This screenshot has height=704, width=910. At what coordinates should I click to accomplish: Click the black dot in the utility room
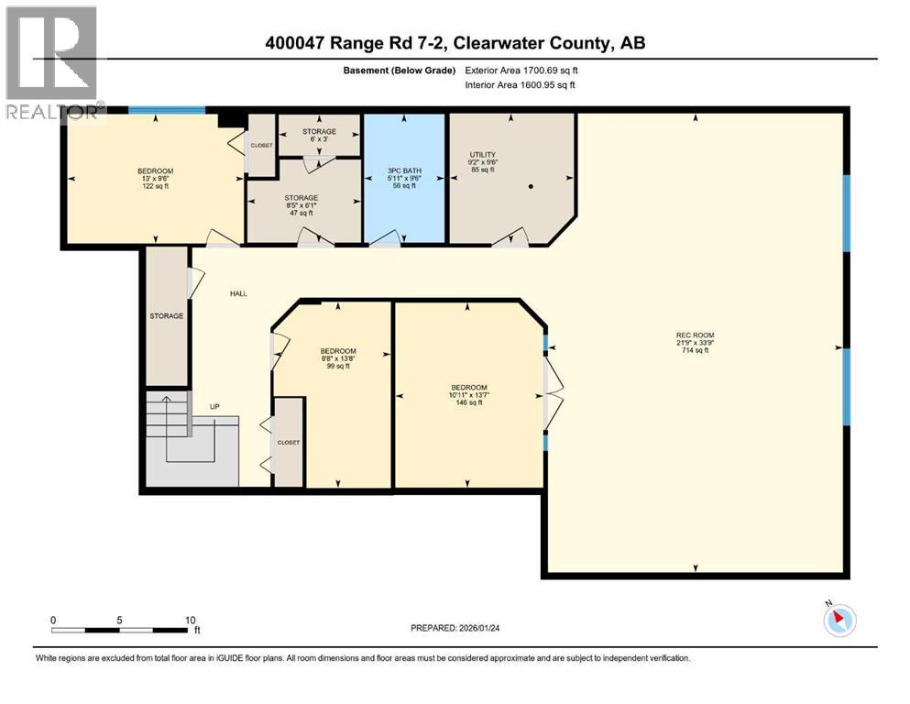tap(530, 186)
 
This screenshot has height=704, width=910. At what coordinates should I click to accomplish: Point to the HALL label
tap(238, 293)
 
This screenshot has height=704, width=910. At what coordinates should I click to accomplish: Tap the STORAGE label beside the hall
tap(167, 316)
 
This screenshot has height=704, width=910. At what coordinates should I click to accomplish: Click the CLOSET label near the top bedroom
tap(261, 145)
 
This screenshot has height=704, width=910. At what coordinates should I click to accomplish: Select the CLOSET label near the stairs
tap(290, 442)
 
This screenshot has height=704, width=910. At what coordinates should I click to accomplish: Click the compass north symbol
tap(839, 620)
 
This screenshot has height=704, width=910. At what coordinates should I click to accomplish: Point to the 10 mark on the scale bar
tap(191, 620)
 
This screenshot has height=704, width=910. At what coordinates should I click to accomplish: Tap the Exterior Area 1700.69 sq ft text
tap(521, 70)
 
